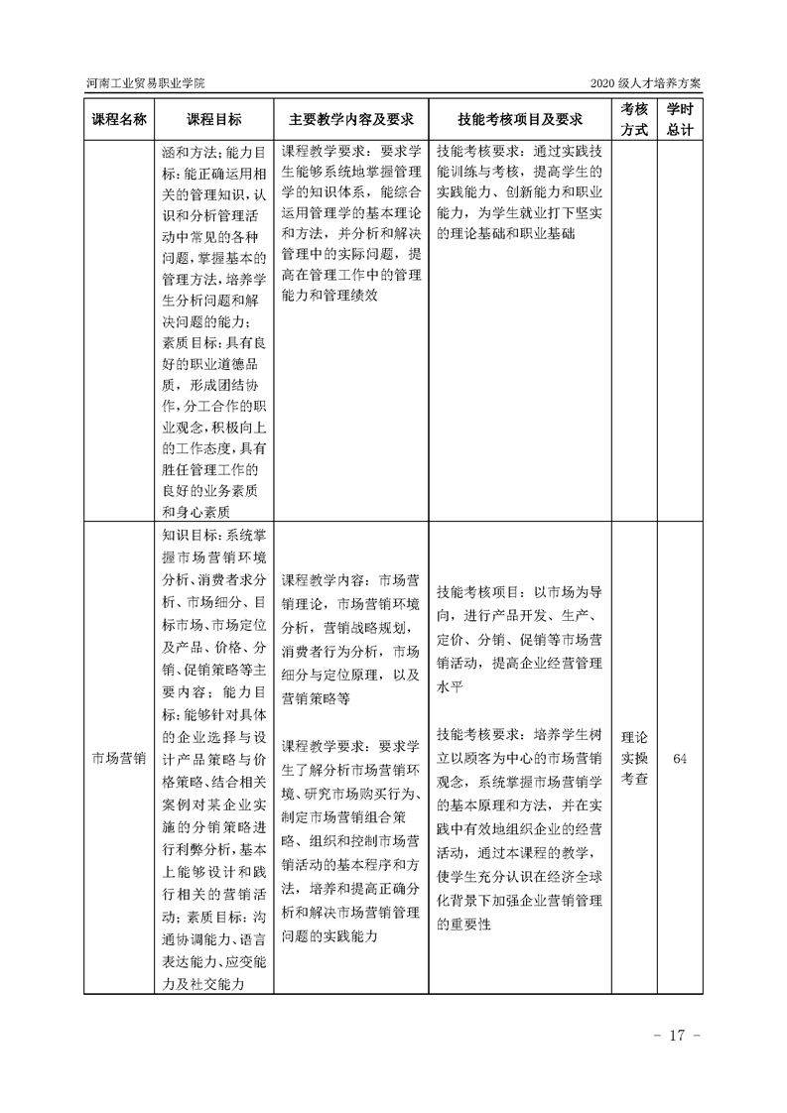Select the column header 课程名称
pyautogui.click(x=119, y=119)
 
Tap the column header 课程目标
pyautogui.click(x=213, y=119)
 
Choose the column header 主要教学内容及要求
pyautogui.click(x=351, y=119)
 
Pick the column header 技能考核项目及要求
pyautogui.click(x=519, y=119)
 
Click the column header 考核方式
pyautogui.click(x=634, y=119)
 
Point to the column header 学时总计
pyautogui.click(x=679, y=119)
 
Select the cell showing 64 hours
pyautogui.click(x=680, y=758)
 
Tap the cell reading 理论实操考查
pyautogui.click(x=634, y=758)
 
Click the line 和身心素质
pyautogui.click(x=196, y=511)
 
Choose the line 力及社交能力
pyautogui.click(x=203, y=984)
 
